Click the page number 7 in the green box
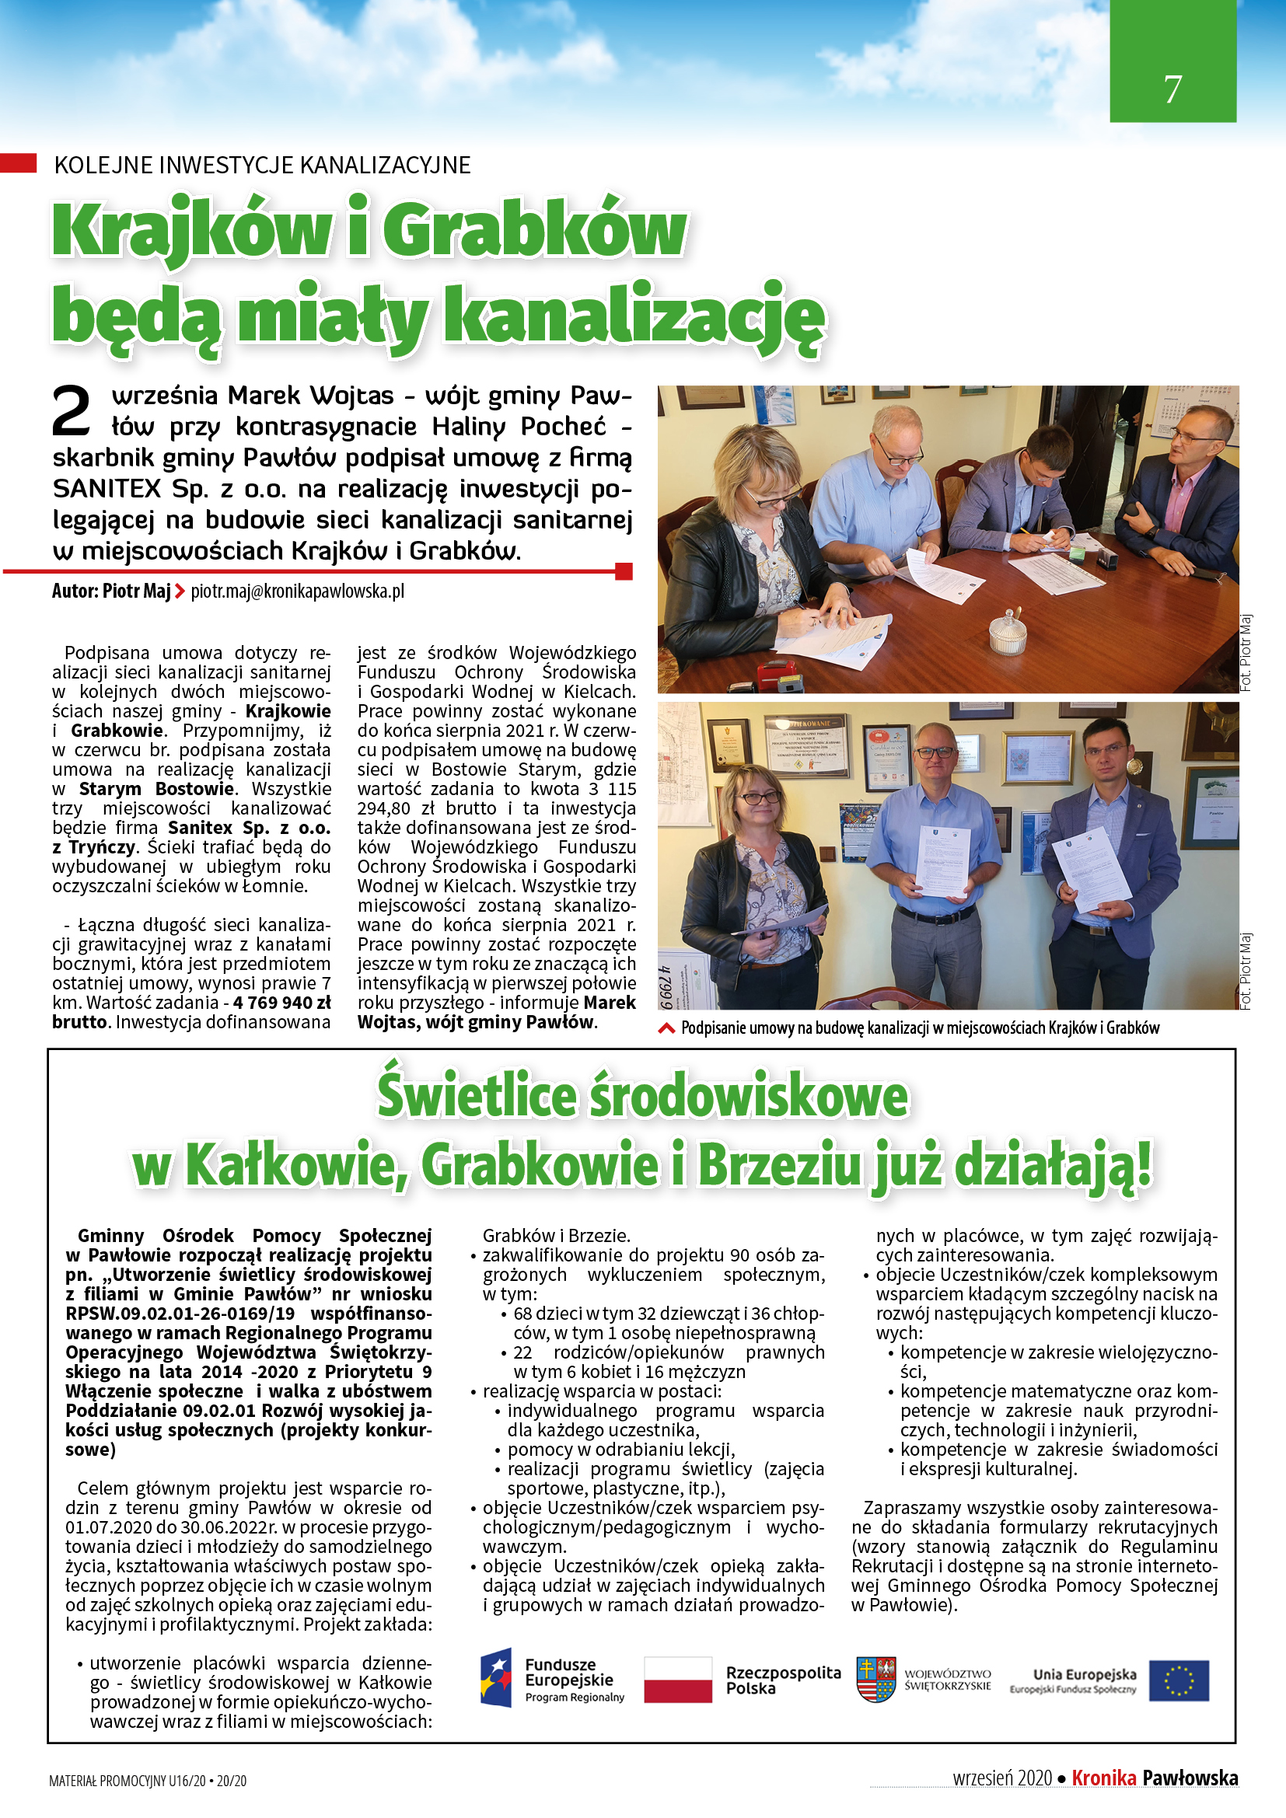pos(1172,89)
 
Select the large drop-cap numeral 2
pos(72,410)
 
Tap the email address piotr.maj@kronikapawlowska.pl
pos(297,591)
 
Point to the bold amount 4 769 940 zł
pos(282,1003)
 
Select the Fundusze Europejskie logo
pos(552,1680)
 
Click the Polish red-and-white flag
pos(678,1680)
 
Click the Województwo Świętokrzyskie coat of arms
pos(875,1680)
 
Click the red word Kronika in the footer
pos(1103,1778)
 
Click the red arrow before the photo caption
pos(667,1028)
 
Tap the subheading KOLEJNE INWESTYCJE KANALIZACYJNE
pos(262,165)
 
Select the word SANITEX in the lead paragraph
pos(107,489)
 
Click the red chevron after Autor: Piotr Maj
pos(180,591)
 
